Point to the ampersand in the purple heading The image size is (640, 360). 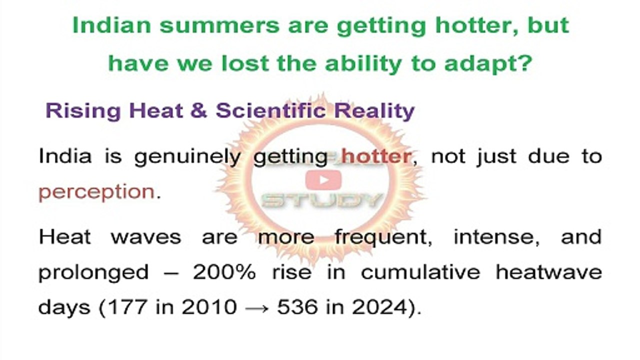[x=198, y=110]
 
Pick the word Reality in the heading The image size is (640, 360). [x=374, y=110]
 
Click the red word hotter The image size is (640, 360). [x=376, y=157]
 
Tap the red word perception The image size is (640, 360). [x=96, y=192]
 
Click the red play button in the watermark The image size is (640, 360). [x=323, y=179]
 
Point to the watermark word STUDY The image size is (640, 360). [x=322, y=201]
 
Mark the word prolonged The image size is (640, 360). [x=93, y=273]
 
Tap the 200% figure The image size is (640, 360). [x=224, y=272]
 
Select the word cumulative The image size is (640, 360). [x=420, y=272]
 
